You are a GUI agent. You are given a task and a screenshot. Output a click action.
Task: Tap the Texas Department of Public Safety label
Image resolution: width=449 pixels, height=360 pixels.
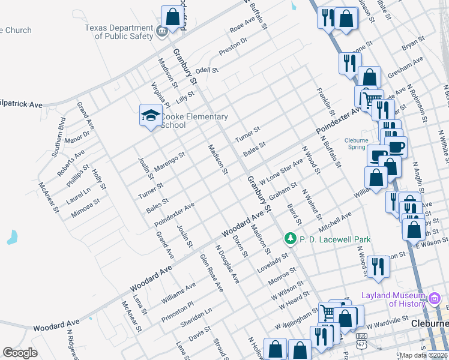tap(119, 32)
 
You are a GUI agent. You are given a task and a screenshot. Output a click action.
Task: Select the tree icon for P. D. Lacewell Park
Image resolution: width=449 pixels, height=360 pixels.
tap(291, 239)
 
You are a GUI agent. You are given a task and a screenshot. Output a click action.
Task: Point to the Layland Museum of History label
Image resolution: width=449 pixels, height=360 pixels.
tap(394, 299)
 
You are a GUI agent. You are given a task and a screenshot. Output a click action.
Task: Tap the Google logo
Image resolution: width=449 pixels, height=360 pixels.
tap(20, 353)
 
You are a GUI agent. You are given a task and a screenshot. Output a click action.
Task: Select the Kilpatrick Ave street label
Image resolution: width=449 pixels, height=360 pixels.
tap(22, 104)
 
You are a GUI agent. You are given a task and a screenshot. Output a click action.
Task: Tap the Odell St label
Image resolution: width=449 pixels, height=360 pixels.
tap(206, 71)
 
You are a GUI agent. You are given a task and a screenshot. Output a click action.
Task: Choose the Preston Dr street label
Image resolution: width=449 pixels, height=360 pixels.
tap(233, 47)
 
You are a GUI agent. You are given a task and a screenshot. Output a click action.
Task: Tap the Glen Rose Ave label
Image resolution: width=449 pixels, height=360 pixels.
tap(211, 273)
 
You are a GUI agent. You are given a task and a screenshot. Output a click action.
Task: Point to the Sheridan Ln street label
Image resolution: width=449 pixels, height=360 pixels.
tap(196, 318)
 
